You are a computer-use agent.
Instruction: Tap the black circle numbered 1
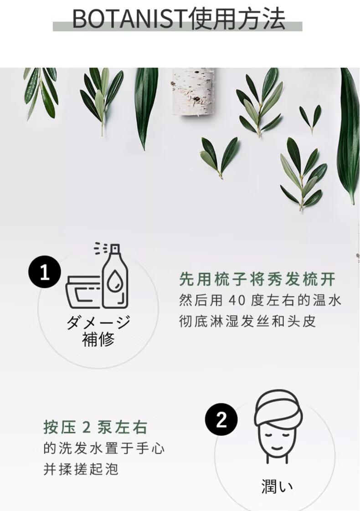pos(45,272)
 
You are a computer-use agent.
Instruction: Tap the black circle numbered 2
pos(221,419)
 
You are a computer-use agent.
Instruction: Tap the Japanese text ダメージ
pos(98,322)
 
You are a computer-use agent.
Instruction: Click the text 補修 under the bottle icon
pos(98,339)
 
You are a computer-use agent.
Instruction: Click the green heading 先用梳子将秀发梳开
pos(257,279)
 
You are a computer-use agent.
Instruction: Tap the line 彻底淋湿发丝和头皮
pos(247,322)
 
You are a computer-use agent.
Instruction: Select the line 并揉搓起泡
pos(81,469)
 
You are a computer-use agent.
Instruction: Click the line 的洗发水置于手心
pos(104,449)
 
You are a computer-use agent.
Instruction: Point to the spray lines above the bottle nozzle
pos(100,248)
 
